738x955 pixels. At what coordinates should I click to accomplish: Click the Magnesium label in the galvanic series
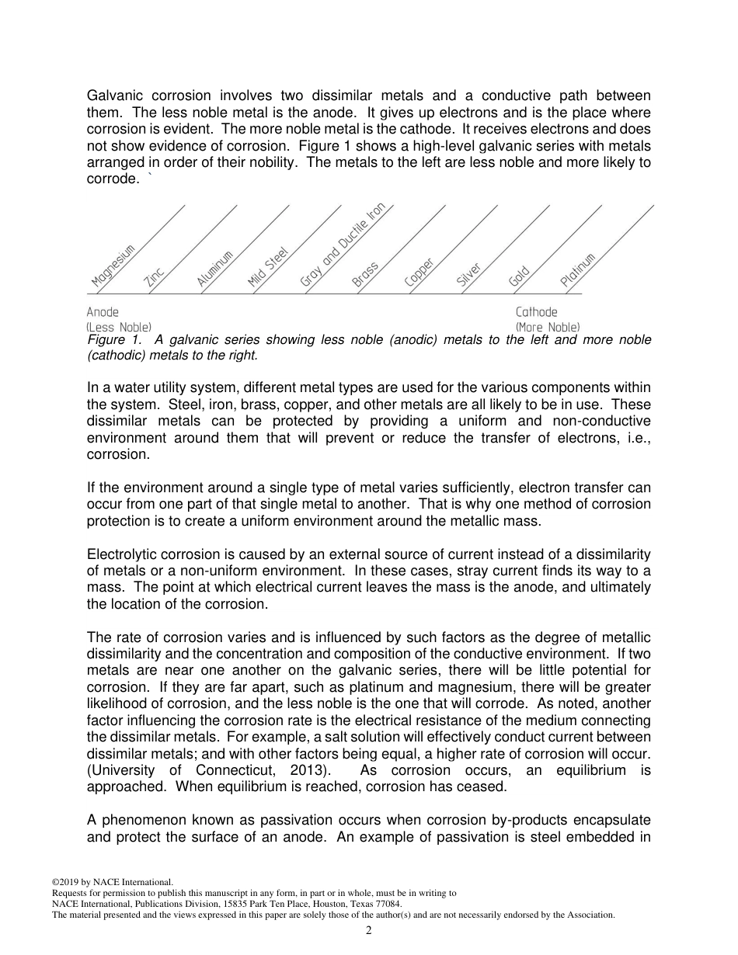[x=113, y=266]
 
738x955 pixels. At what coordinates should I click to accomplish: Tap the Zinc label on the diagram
[x=155, y=277]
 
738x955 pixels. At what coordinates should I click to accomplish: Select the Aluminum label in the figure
[x=215, y=269]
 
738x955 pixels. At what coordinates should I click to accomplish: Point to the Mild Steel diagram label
[x=268, y=268]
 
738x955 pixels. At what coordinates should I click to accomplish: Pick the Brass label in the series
[x=365, y=275]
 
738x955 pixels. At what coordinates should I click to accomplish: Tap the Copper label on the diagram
[x=419, y=273]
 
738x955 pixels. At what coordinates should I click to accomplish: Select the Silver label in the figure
[x=469, y=276]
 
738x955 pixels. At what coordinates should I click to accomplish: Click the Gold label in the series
[x=519, y=277]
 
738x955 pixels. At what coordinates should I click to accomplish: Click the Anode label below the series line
[x=103, y=312]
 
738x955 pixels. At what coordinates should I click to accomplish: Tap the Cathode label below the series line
[x=536, y=312]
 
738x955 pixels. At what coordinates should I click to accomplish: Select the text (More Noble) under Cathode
[x=548, y=327]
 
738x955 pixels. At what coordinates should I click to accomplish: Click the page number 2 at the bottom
[x=369, y=931]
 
